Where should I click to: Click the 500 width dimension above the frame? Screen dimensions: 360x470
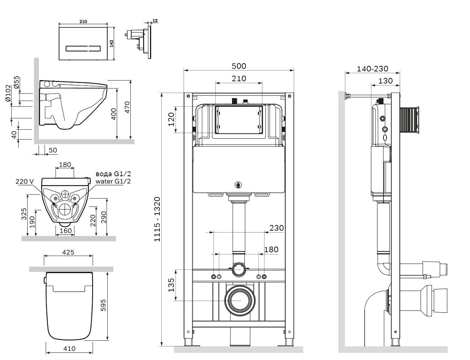coord(238,66)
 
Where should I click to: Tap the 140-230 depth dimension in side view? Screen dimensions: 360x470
coord(373,69)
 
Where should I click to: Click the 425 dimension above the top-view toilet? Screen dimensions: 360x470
coord(68,252)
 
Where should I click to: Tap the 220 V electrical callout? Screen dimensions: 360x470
coord(25,182)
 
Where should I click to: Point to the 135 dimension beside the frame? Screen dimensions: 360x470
coord(171,285)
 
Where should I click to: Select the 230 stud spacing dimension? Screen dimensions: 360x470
coord(276,228)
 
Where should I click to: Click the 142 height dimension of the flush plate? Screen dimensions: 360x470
coord(112,43)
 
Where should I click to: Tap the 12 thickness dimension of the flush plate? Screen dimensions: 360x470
coord(155,20)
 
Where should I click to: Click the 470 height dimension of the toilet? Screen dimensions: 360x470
coord(127,107)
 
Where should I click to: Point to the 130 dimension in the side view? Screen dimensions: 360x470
coord(385,81)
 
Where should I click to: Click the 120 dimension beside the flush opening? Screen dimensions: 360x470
coord(171,119)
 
